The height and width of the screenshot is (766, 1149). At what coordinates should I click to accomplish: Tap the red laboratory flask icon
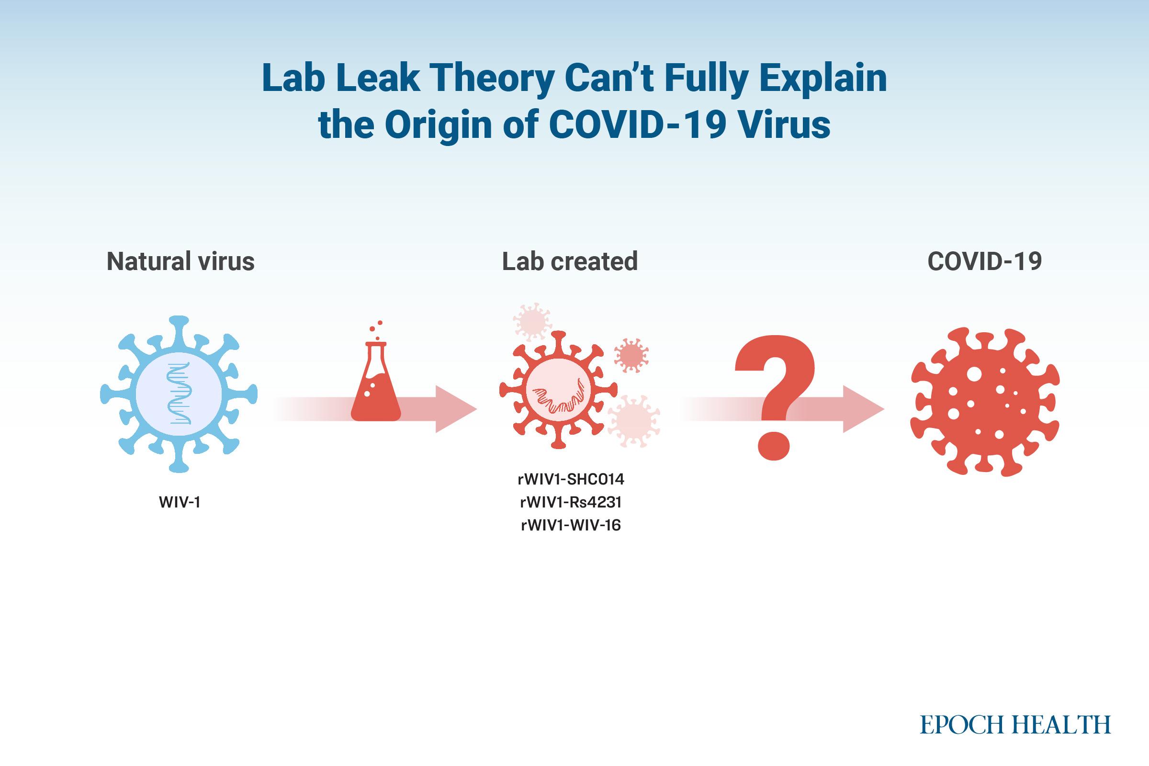[376, 376]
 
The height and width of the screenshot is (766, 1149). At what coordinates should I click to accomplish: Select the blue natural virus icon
[179, 394]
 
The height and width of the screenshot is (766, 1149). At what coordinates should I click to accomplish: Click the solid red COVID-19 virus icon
[985, 402]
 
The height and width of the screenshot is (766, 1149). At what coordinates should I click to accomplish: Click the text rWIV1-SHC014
[571, 479]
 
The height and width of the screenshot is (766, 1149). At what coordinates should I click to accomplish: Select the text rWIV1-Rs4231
[571, 502]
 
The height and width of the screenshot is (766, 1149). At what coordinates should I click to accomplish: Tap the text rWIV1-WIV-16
[571, 525]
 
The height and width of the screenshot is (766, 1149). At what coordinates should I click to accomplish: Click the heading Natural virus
[181, 261]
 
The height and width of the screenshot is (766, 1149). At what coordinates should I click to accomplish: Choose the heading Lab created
[570, 261]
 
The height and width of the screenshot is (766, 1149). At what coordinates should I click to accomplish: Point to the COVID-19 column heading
[985, 261]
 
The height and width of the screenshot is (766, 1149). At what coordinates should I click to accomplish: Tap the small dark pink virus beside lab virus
[631, 355]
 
